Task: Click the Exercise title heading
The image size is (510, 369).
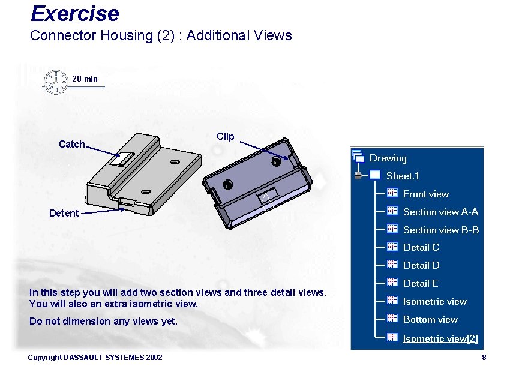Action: click(x=74, y=13)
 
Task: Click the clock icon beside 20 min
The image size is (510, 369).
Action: click(x=55, y=82)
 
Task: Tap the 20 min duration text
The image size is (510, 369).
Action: click(x=85, y=79)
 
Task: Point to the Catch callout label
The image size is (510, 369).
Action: click(x=72, y=144)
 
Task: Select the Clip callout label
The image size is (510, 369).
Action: click(x=225, y=137)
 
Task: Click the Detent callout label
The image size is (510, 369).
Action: click(x=64, y=213)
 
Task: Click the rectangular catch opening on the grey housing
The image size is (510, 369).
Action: click(x=124, y=158)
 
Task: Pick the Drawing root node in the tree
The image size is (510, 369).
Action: click(x=388, y=158)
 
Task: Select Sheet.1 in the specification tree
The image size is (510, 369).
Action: click(x=403, y=176)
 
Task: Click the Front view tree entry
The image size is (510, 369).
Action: click(x=425, y=194)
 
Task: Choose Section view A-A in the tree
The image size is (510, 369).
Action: click(x=440, y=212)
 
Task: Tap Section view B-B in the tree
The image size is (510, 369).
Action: click(x=440, y=230)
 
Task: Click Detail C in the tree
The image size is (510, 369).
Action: click(x=421, y=247)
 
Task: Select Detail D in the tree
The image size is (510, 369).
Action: click(x=421, y=265)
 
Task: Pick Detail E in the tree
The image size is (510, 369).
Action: click(x=421, y=283)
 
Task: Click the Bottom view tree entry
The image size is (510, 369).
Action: click(x=430, y=319)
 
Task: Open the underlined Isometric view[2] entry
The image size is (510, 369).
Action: click(x=440, y=338)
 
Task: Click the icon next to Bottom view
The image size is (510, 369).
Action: click(x=392, y=319)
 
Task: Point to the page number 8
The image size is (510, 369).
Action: click(x=484, y=358)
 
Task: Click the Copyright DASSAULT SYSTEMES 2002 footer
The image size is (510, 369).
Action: click(x=95, y=358)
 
